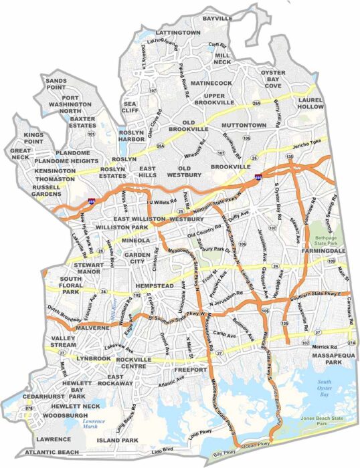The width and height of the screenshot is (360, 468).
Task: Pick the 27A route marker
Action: (x=352, y=342)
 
